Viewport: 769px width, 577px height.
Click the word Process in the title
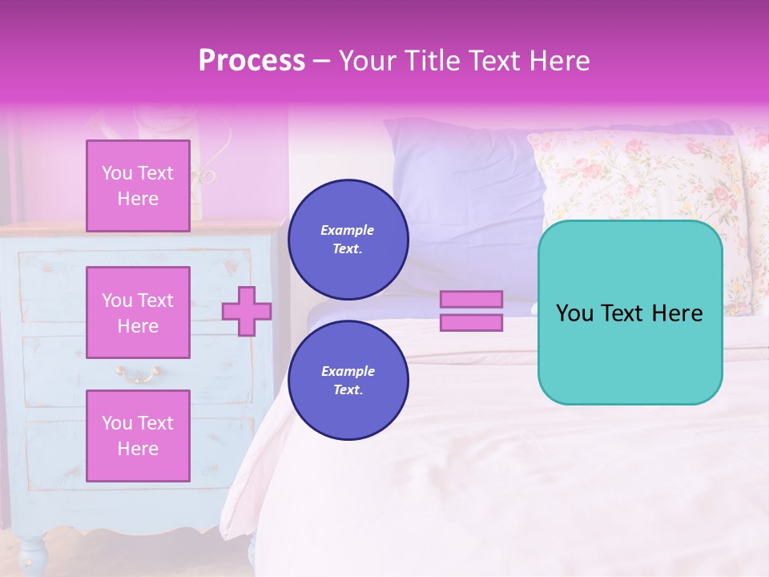click(x=252, y=61)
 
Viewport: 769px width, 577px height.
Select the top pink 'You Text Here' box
click(x=138, y=186)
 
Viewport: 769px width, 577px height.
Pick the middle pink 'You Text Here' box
click(x=138, y=313)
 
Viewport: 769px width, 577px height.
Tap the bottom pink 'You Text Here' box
click(x=138, y=435)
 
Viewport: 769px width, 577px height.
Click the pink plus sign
click(x=247, y=311)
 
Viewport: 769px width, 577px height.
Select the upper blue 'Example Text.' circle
click(x=348, y=240)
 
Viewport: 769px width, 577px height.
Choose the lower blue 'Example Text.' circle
click(x=348, y=381)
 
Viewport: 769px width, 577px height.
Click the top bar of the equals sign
click(x=472, y=299)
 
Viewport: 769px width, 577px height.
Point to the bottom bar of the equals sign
click(x=472, y=323)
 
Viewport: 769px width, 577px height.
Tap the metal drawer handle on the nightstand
click(x=138, y=372)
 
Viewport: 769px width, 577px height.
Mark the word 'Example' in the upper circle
click(x=348, y=231)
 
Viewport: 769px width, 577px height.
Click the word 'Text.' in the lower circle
click(x=348, y=390)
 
